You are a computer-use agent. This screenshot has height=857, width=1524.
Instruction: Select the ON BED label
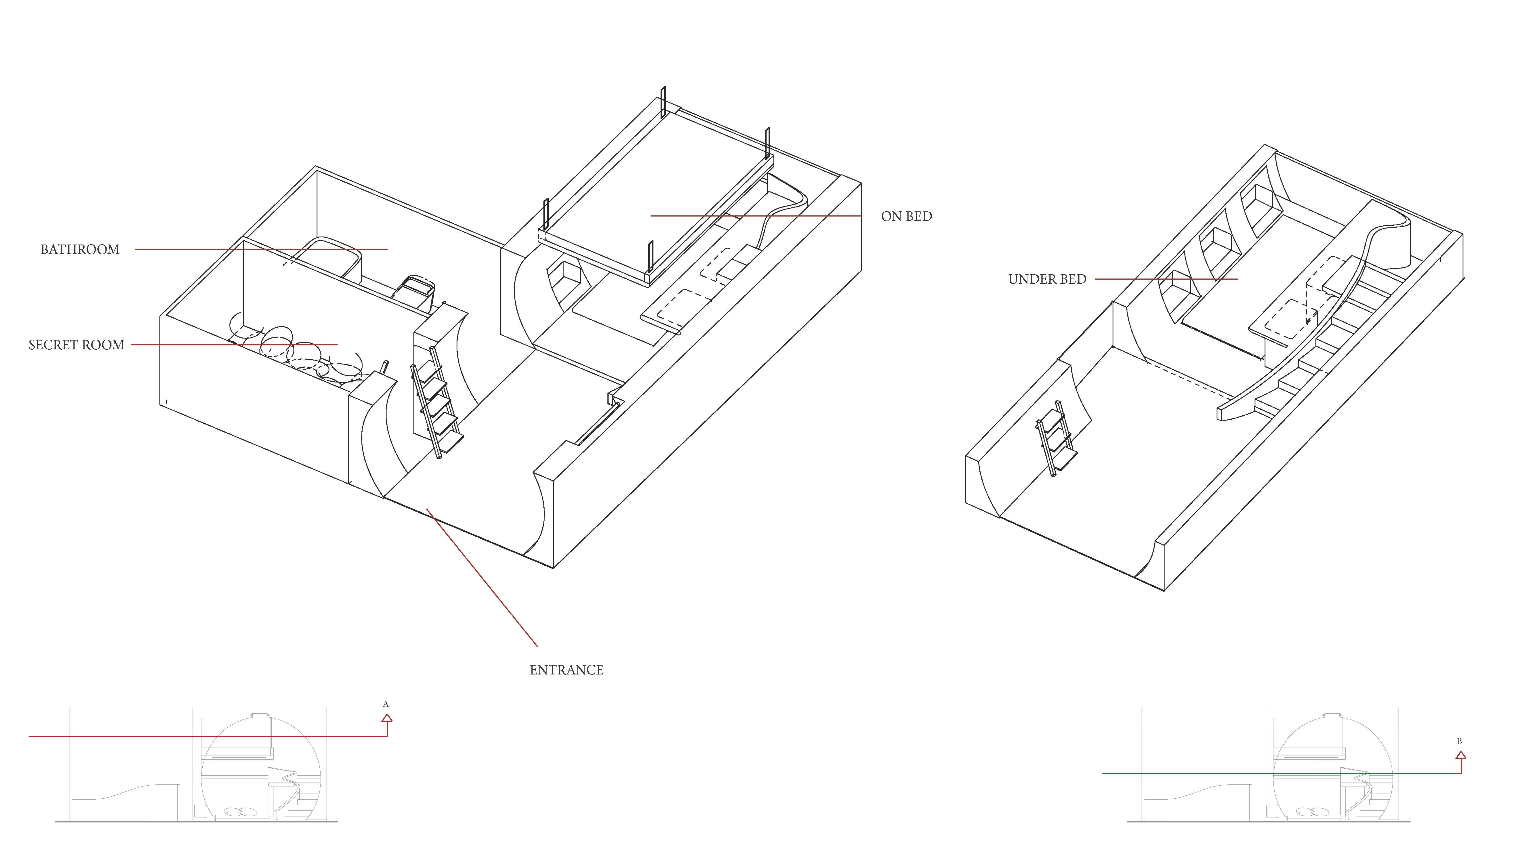click(x=906, y=217)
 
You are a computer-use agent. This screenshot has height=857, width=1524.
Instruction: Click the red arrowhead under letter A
click(x=387, y=718)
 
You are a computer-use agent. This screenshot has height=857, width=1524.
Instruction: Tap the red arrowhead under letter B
click(x=1461, y=755)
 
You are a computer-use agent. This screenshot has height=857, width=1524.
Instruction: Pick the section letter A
click(x=386, y=704)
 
